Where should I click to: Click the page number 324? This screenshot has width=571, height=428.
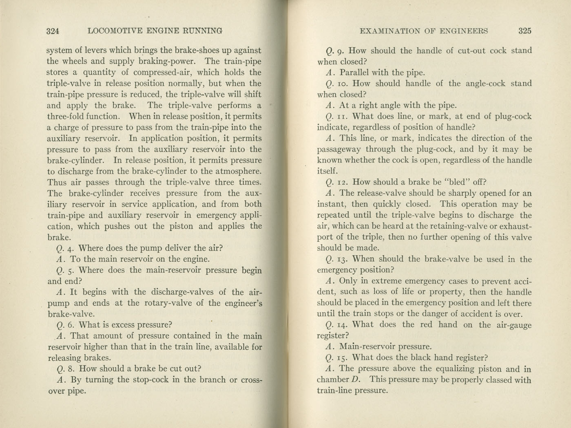53,31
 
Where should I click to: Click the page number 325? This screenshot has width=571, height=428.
525,31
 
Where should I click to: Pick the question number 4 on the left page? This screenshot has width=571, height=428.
71,248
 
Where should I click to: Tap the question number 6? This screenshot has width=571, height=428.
71,325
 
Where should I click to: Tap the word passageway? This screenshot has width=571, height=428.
339,149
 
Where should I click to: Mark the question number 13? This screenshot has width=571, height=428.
343,259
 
